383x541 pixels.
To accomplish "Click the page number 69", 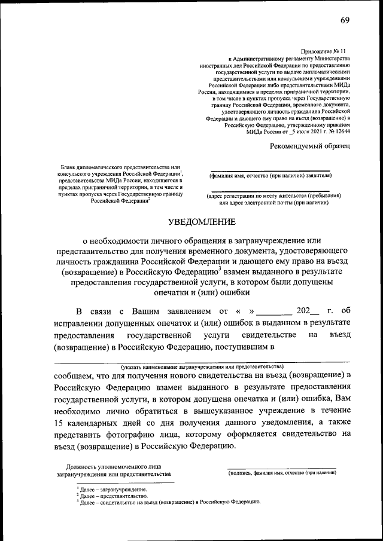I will click(x=345, y=21).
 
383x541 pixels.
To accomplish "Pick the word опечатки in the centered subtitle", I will click(x=171, y=292).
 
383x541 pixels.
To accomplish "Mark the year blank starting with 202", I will click(x=308, y=311).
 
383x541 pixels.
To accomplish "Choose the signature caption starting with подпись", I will click(x=282, y=473).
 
